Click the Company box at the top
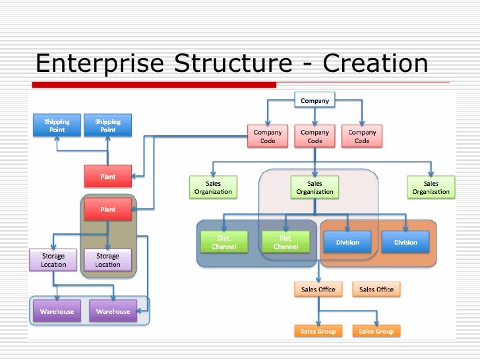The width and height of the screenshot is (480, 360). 315,100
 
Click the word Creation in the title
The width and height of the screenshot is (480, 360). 376,63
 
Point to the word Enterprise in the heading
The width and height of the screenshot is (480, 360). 100,63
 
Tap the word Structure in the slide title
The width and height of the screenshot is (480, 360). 232,63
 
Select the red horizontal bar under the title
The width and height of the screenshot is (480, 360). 154,84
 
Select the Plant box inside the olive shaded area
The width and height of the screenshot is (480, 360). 107,209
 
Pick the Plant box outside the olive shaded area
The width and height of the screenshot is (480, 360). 107,176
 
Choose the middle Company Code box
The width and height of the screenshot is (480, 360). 315,136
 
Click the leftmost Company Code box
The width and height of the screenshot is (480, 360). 268,136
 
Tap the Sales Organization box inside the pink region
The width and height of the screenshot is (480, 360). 315,187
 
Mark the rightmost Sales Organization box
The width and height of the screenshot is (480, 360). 431,187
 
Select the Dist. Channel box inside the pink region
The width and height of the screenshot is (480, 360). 285,242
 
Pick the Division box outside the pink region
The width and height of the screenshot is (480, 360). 405,242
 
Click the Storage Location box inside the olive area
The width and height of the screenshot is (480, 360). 107,260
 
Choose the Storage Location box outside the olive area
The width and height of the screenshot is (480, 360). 53,260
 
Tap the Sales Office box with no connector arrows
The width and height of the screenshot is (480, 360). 376,289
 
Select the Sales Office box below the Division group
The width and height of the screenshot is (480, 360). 318,289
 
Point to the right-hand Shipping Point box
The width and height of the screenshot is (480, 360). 107,125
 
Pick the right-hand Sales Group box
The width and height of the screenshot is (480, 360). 376,332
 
